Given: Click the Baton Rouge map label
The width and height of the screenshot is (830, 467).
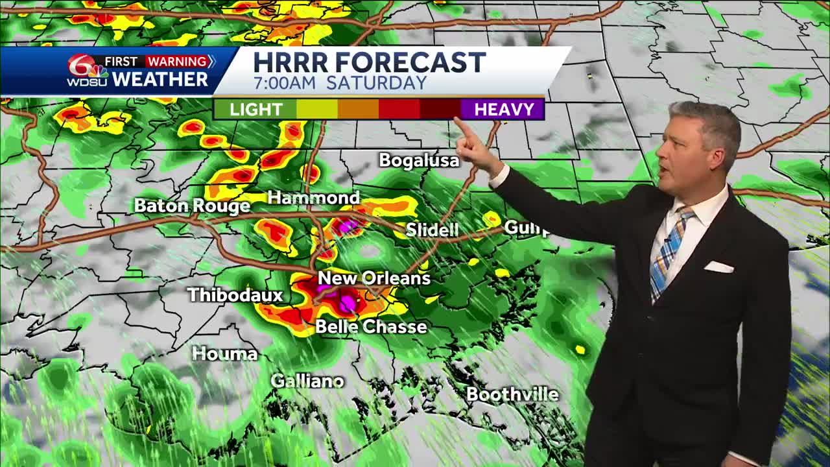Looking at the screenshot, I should point(192,206).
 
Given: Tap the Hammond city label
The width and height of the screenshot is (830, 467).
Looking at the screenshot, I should point(313,198).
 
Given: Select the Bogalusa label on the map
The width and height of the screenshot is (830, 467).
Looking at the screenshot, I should point(419,160).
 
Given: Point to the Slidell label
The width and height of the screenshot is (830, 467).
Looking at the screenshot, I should point(432,230).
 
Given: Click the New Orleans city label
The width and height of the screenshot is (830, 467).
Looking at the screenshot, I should point(374,278).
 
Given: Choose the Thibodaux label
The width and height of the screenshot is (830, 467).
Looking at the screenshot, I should point(235,295).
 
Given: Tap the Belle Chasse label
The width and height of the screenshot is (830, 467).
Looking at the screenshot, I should point(371,326).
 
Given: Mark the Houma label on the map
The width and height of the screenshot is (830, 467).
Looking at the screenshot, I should point(225,353).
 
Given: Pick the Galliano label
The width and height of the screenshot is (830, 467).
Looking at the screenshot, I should point(307,381).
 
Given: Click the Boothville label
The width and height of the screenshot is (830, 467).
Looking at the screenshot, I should point(512,394).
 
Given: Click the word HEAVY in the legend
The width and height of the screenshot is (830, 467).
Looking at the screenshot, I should point(504,110).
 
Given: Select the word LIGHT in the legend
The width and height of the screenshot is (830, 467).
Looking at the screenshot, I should point(255,110).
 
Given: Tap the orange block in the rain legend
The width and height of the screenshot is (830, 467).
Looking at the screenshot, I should point(358,110).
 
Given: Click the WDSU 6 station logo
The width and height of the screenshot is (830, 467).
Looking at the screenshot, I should point(88,71).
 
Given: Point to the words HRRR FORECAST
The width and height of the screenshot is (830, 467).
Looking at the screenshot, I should point(369,63).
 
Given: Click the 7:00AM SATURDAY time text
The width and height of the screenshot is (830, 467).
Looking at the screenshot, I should point(340,84).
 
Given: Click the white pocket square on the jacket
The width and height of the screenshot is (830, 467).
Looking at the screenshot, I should point(718,267).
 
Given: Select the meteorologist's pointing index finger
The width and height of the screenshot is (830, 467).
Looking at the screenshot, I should point(462,126).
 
